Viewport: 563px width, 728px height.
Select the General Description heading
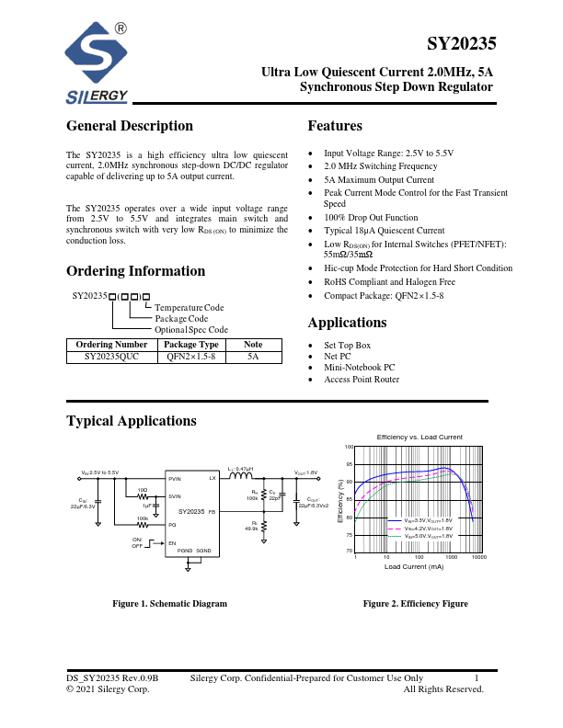(130, 126)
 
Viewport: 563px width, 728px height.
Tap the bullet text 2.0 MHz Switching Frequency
(380, 166)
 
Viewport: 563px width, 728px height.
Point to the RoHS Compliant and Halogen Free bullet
(389, 282)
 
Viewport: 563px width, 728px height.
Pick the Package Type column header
(191, 345)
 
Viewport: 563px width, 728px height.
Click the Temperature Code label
(189, 307)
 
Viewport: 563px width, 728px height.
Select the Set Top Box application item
(348, 346)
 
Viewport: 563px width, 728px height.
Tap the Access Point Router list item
(362, 380)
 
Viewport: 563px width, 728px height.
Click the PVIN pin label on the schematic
(175, 479)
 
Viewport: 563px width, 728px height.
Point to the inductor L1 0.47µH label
(240, 469)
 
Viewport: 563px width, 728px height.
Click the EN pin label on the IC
(171, 542)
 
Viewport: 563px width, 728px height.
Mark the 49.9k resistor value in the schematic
(250, 529)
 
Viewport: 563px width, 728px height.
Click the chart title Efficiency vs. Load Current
(419, 436)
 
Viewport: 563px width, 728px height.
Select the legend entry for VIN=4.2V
(429, 529)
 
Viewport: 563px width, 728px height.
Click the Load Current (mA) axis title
(414, 567)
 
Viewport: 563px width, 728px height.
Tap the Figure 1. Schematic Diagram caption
(169, 604)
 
